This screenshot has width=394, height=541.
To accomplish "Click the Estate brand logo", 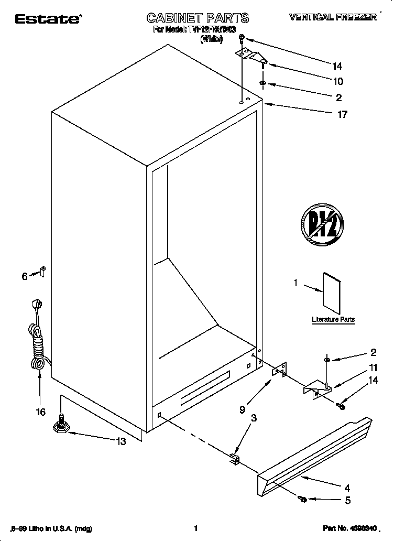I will click(x=47, y=19).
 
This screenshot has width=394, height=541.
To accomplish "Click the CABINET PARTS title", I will click(x=198, y=18).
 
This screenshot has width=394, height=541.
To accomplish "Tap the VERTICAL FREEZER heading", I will click(x=333, y=17).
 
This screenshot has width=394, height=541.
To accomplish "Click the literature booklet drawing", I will click(x=332, y=292).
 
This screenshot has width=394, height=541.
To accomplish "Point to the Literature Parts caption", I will click(x=333, y=319).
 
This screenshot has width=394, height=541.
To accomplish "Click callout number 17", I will click(x=342, y=114).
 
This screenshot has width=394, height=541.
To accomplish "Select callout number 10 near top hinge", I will click(x=337, y=81).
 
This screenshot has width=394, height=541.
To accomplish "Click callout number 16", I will click(x=40, y=412).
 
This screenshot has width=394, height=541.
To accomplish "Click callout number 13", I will click(x=121, y=441).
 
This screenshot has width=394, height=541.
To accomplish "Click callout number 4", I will click(x=347, y=487).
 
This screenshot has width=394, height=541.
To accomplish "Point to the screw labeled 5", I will click(x=302, y=499).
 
